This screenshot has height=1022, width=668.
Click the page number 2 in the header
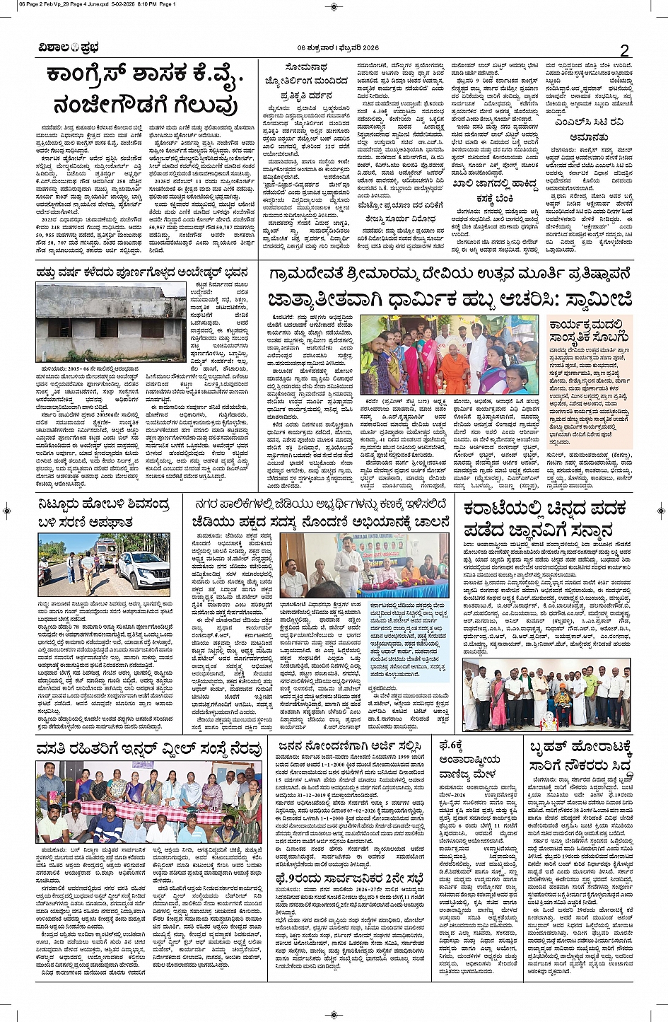point(624,50)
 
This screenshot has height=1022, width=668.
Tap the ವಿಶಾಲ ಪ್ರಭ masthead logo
point(69,48)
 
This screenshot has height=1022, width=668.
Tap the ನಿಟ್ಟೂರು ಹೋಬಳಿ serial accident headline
point(104,513)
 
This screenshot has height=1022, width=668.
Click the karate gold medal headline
point(546,518)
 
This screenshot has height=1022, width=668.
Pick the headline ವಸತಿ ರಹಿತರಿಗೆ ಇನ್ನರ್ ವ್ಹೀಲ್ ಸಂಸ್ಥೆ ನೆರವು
point(149,748)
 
